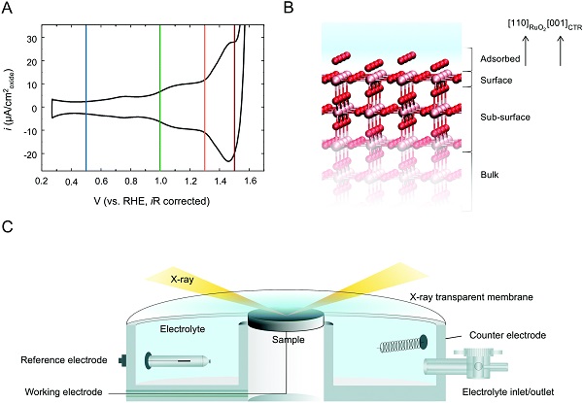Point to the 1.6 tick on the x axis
click(249, 182)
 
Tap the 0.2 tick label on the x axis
click(43, 182)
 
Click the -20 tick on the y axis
click(31, 154)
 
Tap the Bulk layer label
click(491, 176)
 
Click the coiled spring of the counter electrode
click(396, 344)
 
